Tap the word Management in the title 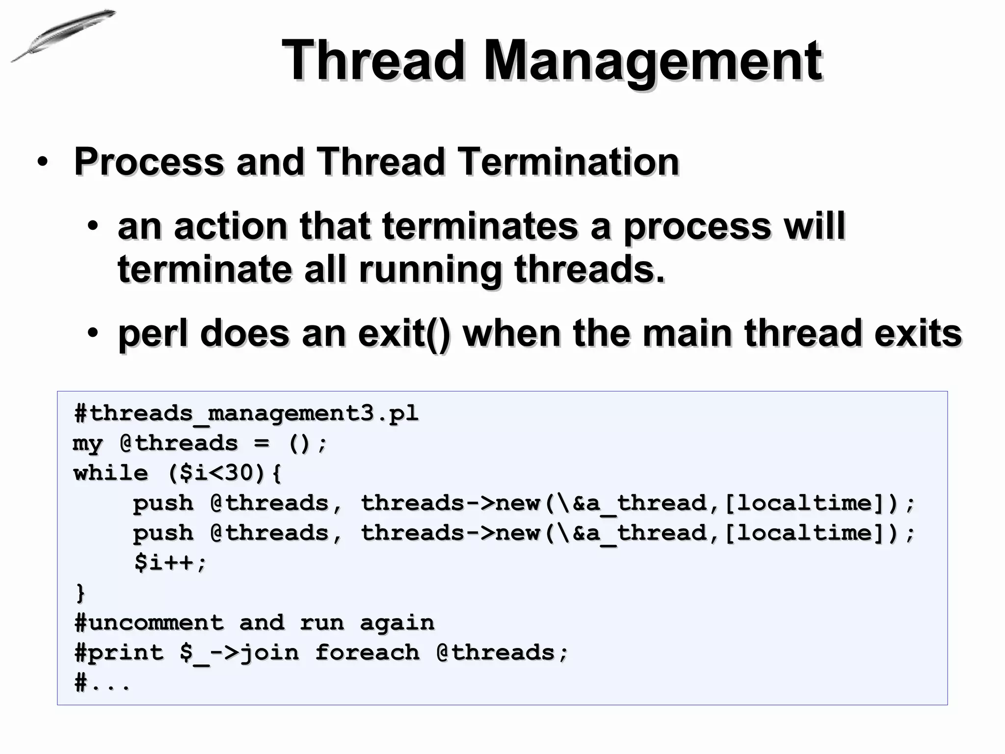(653, 61)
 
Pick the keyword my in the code (87, 444)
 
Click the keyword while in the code (111, 473)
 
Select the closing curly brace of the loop (80, 593)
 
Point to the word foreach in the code (367, 653)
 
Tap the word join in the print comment (269, 653)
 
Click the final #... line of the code (102, 683)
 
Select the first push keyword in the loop (163, 503)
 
